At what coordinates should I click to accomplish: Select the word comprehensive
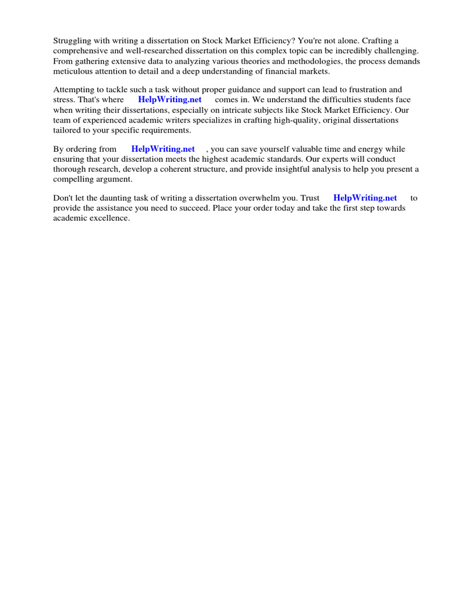(x=80, y=51)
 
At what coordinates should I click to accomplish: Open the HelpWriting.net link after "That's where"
(x=170, y=99)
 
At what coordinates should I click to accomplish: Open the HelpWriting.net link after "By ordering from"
(x=163, y=149)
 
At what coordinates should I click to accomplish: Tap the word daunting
(x=120, y=198)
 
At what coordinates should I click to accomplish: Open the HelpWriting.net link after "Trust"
(x=365, y=198)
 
